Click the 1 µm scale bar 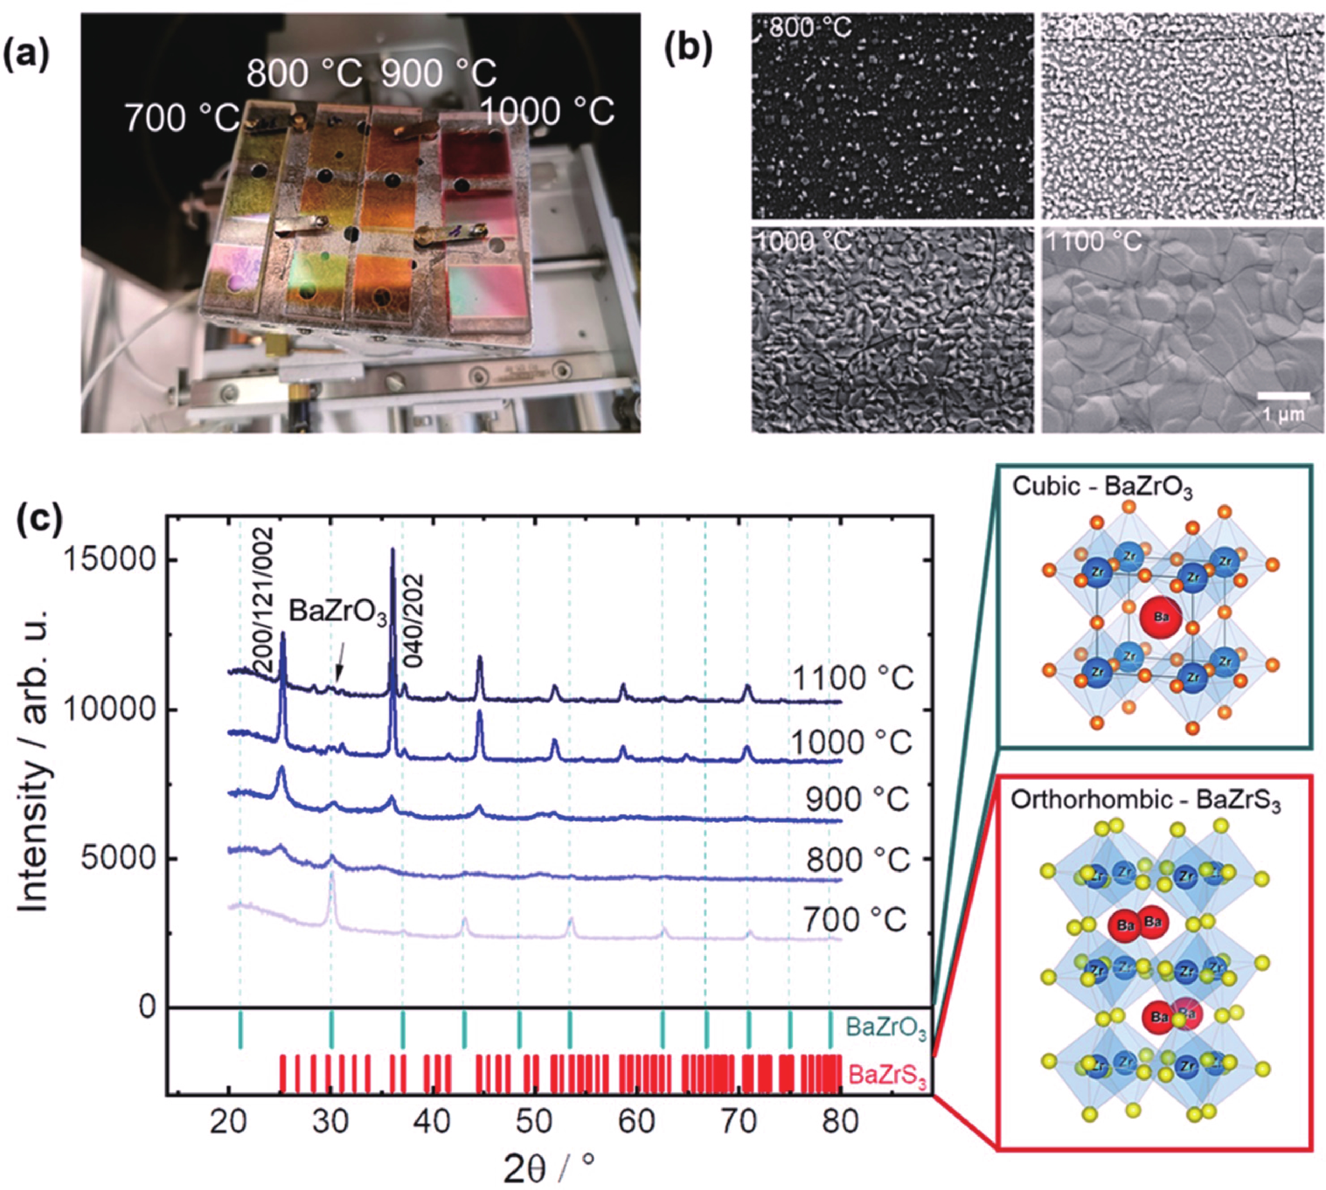[1283, 396]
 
